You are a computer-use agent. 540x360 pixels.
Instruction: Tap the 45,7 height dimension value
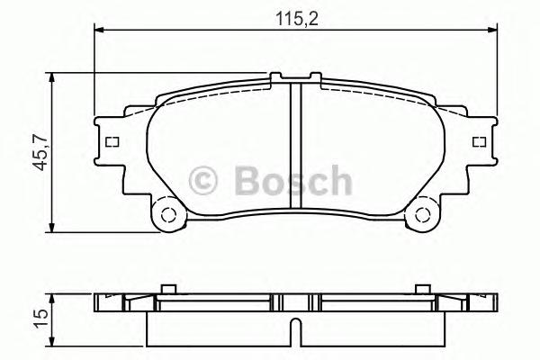(x=37, y=149)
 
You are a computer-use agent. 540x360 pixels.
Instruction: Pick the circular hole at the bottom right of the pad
(x=419, y=214)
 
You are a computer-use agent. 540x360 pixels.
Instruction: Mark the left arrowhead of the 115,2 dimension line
(x=99, y=31)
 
